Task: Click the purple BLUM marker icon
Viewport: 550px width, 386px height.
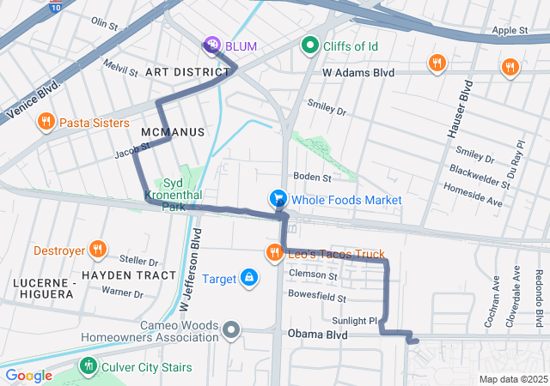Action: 211,45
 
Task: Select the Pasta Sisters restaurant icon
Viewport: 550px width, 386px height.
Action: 46,123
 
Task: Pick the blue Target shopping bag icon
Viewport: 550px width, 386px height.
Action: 248,278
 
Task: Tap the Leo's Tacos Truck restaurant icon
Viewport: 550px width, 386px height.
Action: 274,252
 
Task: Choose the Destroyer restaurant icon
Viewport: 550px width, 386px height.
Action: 97,250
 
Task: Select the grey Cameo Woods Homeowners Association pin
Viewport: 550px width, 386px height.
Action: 231,329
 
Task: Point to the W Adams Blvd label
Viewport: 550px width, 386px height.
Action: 357,73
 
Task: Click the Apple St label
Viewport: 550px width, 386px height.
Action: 510,30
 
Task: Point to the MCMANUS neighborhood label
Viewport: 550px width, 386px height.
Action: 170,131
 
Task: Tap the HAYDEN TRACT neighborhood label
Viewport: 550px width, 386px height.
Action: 129,275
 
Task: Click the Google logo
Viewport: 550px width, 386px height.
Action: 28,375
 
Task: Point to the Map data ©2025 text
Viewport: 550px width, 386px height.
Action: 512,379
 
